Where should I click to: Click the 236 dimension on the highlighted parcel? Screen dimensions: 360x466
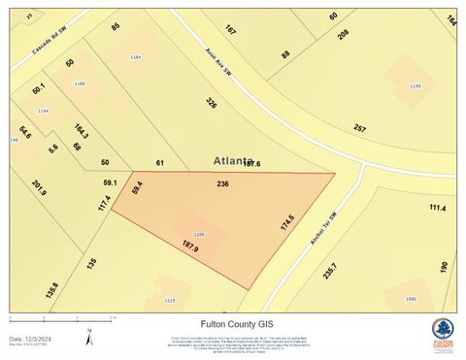coord(222,183)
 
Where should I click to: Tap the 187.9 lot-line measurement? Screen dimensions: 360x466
coord(190,247)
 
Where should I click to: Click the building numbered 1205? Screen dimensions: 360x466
coord(199,235)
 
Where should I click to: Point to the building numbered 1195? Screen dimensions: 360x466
coord(416,86)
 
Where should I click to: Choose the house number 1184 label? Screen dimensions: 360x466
coord(136,58)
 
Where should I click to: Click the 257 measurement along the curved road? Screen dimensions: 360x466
coord(360,129)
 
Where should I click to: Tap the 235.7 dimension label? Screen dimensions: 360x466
coord(332,272)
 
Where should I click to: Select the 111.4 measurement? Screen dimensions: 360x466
coord(437,208)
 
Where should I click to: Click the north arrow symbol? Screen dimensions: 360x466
coord(89,338)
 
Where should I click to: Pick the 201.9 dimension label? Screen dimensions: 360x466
coord(39,186)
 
